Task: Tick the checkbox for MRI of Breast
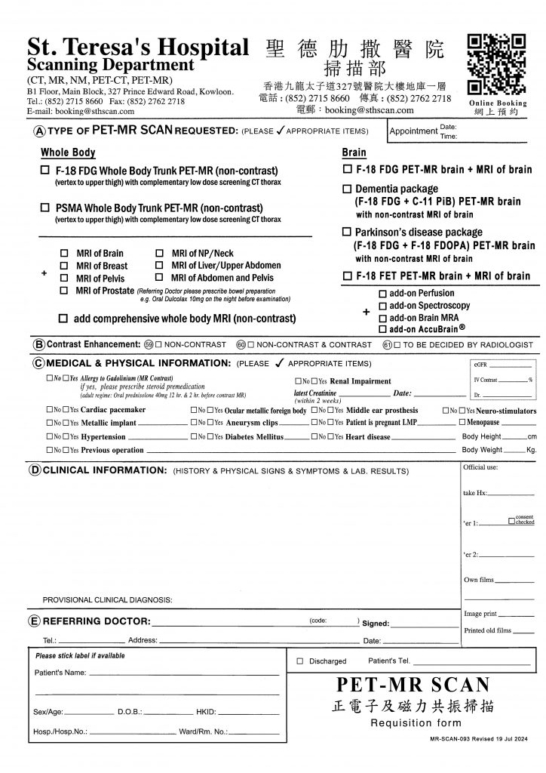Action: coord(64,266)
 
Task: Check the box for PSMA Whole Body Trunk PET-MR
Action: coord(45,208)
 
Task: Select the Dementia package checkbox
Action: coord(348,188)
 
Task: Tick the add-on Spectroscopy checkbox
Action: coord(382,306)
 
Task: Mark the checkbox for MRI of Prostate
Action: coord(64,291)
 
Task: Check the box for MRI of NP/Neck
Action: coord(159,253)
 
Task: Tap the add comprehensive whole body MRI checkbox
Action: coord(64,319)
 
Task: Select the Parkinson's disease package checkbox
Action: coord(348,233)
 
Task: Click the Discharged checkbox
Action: coord(300,661)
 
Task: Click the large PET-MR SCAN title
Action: coord(413,685)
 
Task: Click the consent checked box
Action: coord(512,521)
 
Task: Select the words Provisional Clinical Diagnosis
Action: coord(107,600)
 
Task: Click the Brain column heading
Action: coord(354,152)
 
